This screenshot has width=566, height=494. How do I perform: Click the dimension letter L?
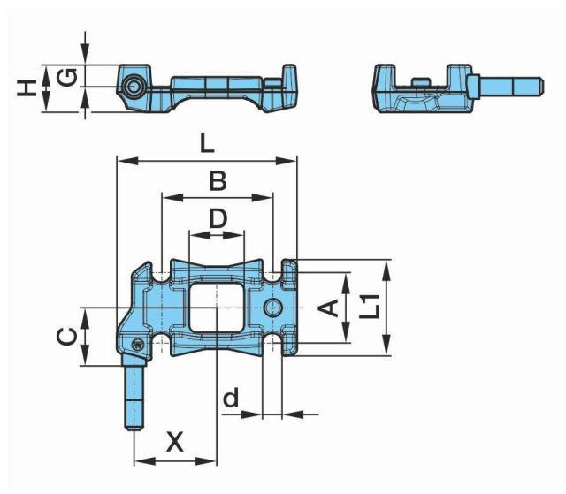coord(207,144)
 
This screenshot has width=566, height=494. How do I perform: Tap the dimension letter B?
coord(218,181)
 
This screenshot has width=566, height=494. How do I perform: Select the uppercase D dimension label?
coord(218,218)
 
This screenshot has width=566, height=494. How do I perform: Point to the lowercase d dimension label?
coord(231,397)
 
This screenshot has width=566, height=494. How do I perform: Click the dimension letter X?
coord(175,442)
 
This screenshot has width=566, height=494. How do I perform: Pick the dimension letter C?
coord(67,337)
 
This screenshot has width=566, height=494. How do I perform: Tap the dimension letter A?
coord(328,308)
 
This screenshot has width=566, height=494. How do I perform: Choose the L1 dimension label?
coord(370,307)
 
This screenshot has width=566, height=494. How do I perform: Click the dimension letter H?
coord(27,88)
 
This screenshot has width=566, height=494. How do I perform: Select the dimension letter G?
coord(68,77)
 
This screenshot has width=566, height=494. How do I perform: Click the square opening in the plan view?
coord(216,308)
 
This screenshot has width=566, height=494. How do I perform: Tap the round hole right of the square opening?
coord(273,308)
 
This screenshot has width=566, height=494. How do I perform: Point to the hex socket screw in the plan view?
coord(138,344)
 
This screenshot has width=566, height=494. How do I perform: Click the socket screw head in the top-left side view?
coord(133,87)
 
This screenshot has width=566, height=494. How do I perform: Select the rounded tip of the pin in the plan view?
coord(134,428)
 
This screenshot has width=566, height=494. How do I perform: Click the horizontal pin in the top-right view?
coord(506,87)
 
